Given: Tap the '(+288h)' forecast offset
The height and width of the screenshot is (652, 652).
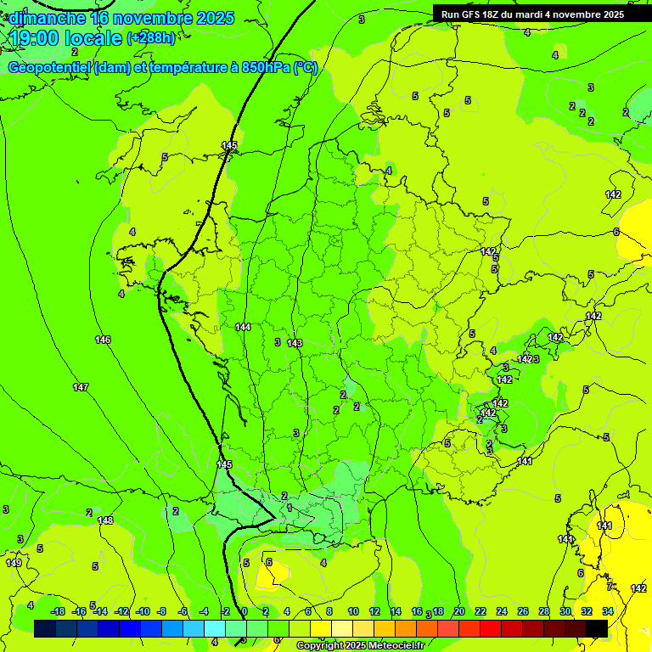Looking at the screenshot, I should [151, 38].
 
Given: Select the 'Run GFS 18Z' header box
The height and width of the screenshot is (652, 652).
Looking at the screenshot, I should [532, 14].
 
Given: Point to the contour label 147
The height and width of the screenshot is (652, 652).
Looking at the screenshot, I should [81, 387].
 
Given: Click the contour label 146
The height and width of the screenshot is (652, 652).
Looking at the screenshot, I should [103, 340].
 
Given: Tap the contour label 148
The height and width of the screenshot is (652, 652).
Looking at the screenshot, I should [105, 520].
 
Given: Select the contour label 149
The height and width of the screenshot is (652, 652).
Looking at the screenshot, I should [14, 563].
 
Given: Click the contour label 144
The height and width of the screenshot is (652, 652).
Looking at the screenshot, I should [243, 327].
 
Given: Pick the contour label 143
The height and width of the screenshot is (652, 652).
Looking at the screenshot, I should [295, 343].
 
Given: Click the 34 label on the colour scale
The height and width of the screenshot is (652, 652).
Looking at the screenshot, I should [609, 611].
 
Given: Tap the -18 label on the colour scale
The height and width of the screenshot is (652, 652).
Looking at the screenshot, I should [58, 611].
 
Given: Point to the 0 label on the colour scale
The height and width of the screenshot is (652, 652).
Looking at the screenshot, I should [244, 611].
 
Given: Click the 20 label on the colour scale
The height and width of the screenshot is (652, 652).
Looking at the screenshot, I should [458, 611].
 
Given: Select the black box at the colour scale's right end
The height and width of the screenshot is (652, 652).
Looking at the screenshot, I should [597, 628].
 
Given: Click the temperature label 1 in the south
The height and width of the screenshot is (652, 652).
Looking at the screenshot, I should [289, 508].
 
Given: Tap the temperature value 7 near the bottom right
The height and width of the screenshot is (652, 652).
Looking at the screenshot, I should [609, 586].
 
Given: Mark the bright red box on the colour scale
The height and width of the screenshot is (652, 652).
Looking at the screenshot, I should [491, 628].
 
